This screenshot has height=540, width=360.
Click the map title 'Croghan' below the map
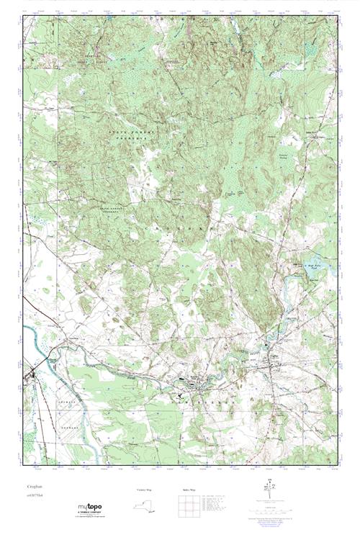(34, 487)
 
